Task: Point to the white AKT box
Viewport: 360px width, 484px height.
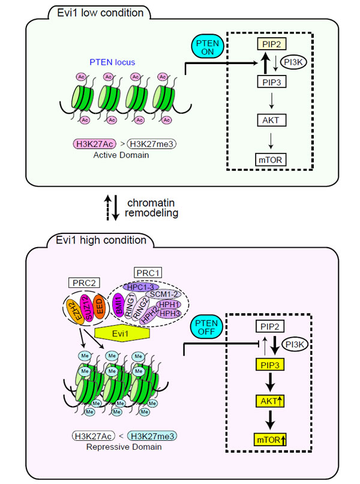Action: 266,120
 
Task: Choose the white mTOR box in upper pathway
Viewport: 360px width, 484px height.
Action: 266,159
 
